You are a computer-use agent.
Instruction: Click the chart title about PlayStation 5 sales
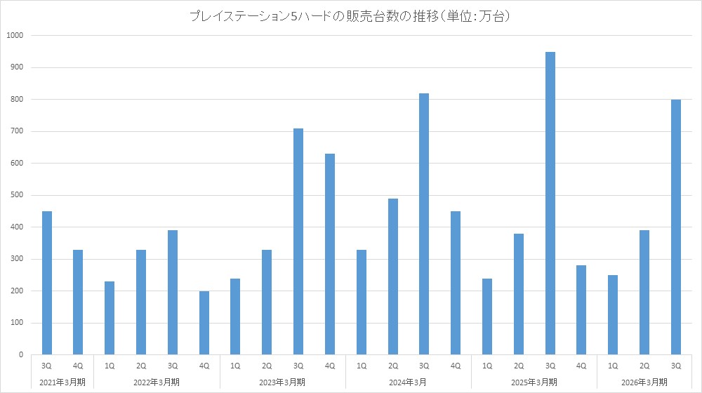pyautogui.click(x=350, y=15)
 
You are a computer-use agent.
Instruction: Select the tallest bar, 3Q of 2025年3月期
pyautogui.click(x=550, y=204)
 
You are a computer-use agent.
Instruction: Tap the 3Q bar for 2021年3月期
pyautogui.click(x=47, y=283)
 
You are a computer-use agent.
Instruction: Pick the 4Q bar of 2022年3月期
pyautogui.click(x=204, y=323)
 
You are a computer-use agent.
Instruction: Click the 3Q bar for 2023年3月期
pyautogui.click(x=298, y=241)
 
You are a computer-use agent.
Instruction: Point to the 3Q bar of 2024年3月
pyautogui.click(x=424, y=224)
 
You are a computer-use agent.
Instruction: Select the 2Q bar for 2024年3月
pyautogui.click(x=392, y=277)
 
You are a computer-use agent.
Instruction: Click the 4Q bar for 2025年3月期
pyautogui.click(x=581, y=310)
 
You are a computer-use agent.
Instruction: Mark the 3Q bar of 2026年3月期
pyautogui.click(x=675, y=227)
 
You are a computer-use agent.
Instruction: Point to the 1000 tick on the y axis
pyautogui.click(x=15, y=36)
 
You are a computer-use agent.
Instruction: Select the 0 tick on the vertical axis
pyautogui.click(x=20, y=355)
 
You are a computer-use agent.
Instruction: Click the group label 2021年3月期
pyautogui.click(x=63, y=382)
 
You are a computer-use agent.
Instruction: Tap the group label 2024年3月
pyautogui.click(x=409, y=382)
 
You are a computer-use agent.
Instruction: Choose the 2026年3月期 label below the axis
pyautogui.click(x=644, y=382)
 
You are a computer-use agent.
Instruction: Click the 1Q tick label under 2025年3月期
pyautogui.click(x=487, y=366)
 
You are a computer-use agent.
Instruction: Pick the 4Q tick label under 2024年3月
pyautogui.click(x=456, y=366)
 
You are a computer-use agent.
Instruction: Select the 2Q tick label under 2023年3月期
pyautogui.click(x=267, y=366)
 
